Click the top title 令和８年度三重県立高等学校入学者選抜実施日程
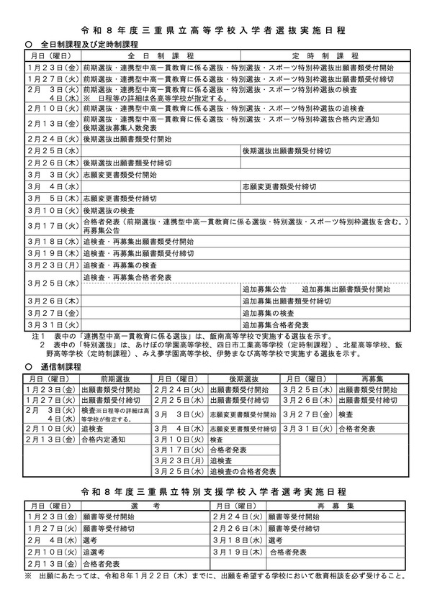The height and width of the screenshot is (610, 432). point(215,31)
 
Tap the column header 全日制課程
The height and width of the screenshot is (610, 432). point(160,55)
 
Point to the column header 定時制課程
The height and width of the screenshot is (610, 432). point(325,55)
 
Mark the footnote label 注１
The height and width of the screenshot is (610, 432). point(39,336)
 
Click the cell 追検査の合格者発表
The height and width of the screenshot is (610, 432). point(244,471)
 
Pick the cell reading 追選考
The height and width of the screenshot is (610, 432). point(93,551)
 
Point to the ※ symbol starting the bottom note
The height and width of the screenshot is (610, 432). point(28,576)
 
